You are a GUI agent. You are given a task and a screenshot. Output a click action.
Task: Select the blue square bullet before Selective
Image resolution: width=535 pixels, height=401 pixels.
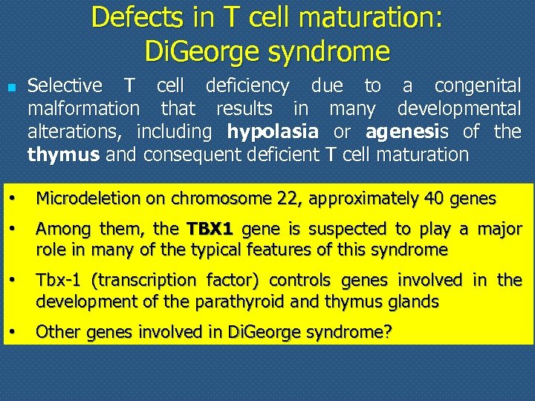tap(10, 87)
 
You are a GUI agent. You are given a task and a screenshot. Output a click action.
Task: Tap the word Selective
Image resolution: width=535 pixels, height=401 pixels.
tap(65, 86)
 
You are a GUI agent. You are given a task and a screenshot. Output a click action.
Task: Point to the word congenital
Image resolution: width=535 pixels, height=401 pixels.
tap(477, 86)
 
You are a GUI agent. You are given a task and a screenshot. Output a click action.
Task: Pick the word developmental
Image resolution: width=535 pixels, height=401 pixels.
tap(458, 109)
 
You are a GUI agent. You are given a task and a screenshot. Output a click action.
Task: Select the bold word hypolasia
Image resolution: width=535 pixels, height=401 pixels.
tap(273, 132)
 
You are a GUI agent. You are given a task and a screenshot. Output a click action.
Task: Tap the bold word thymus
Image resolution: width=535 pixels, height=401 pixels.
tap(64, 155)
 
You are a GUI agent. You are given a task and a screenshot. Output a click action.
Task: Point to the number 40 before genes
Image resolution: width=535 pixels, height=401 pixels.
tap(434, 198)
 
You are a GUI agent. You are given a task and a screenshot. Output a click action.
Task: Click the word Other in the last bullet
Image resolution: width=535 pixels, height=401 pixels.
tap(57, 332)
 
